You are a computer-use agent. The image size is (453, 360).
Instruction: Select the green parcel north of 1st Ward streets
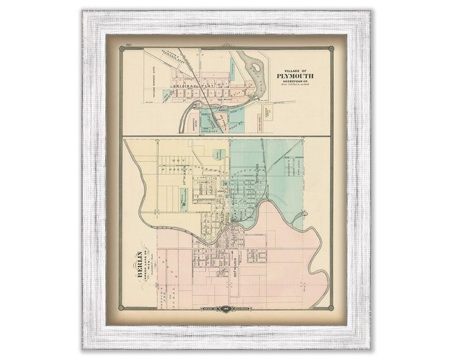[x=219, y=154]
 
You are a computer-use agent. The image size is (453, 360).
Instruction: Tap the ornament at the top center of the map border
[x=226, y=44]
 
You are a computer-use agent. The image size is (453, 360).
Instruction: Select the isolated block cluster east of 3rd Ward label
[x=256, y=255]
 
